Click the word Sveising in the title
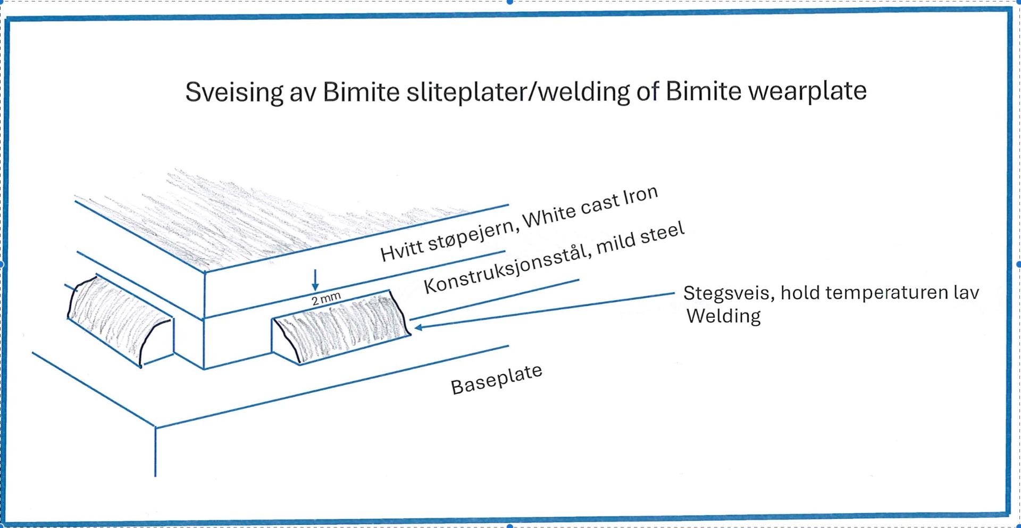tap(234, 92)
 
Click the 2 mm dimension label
tap(326, 299)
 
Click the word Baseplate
tap(496, 379)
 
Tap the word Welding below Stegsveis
tap(723, 316)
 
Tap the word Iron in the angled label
tap(640, 195)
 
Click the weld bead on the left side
tap(120, 320)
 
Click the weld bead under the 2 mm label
tap(340, 327)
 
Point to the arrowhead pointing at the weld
tap(419, 327)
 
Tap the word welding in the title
tap(583, 92)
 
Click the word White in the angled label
tap(549, 215)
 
